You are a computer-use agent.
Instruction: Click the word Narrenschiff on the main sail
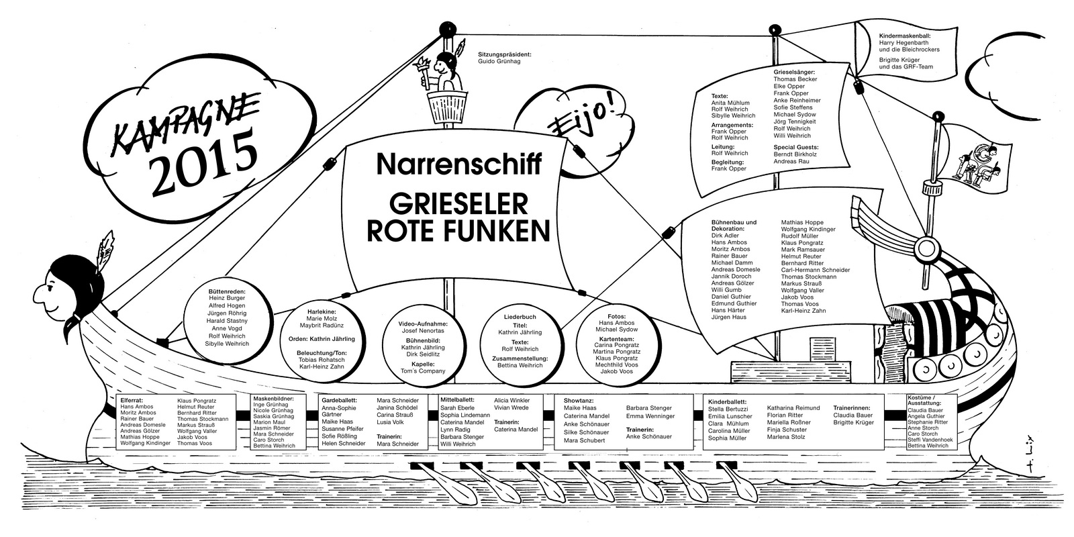point(459,164)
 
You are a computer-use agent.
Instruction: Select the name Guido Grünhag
point(499,61)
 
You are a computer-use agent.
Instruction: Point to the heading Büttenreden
point(227,291)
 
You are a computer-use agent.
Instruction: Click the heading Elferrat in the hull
point(132,400)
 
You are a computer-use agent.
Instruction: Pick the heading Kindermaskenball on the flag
point(906,36)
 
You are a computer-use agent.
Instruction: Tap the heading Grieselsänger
point(794,72)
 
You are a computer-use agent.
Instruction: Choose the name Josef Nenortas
point(423,331)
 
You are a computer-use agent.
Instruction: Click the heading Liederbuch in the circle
point(520,317)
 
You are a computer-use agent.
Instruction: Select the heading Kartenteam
point(617,338)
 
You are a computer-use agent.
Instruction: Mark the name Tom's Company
point(423,371)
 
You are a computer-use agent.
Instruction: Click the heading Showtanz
point(579,400)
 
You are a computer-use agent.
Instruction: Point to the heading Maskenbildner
point(273,399)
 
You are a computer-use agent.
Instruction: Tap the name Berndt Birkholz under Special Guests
point(795,154)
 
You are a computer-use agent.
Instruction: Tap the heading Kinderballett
point(728,402)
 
